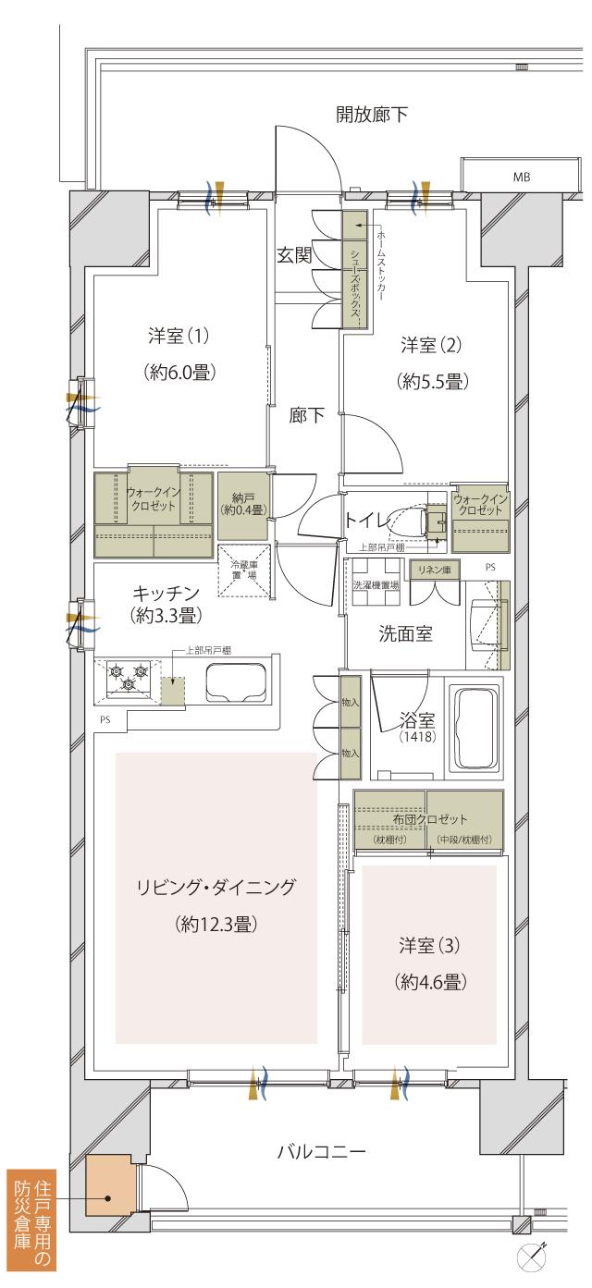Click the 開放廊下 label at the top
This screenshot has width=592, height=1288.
[372, 114]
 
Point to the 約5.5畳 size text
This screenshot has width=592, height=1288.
[431, 379]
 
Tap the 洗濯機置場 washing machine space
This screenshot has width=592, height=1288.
[376, 585]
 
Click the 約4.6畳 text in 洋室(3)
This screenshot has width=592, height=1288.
[429, 981]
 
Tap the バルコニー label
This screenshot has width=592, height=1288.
[321, 1152]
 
